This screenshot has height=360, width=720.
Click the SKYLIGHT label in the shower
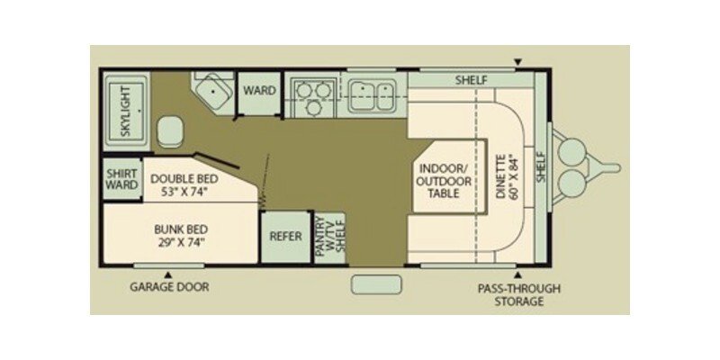coord(125,111)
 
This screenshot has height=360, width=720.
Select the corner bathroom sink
coord(212,92)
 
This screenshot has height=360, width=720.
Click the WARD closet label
coord(259,91)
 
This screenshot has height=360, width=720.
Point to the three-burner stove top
coord(313,96)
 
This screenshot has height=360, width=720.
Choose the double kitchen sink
coord(372,95)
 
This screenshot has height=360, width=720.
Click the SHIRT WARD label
coord(122,179)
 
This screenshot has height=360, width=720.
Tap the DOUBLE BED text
coord(184,178)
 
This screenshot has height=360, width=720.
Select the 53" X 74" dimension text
coord(184,192)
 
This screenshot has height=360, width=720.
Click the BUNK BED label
coord(181,229)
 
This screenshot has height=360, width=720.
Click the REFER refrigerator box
coord(285,237)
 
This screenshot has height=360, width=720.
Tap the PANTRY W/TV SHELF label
coord(330,238)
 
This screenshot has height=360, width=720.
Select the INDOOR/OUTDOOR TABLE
coord(444,181)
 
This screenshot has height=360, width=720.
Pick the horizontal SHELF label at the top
coord(471,80)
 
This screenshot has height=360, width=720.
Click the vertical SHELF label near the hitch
coord(541,167)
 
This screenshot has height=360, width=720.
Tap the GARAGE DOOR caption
coord(169,287)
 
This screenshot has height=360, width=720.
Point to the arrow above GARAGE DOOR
coord(168,274)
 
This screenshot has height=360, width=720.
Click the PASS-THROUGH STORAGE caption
coord(519,295)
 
